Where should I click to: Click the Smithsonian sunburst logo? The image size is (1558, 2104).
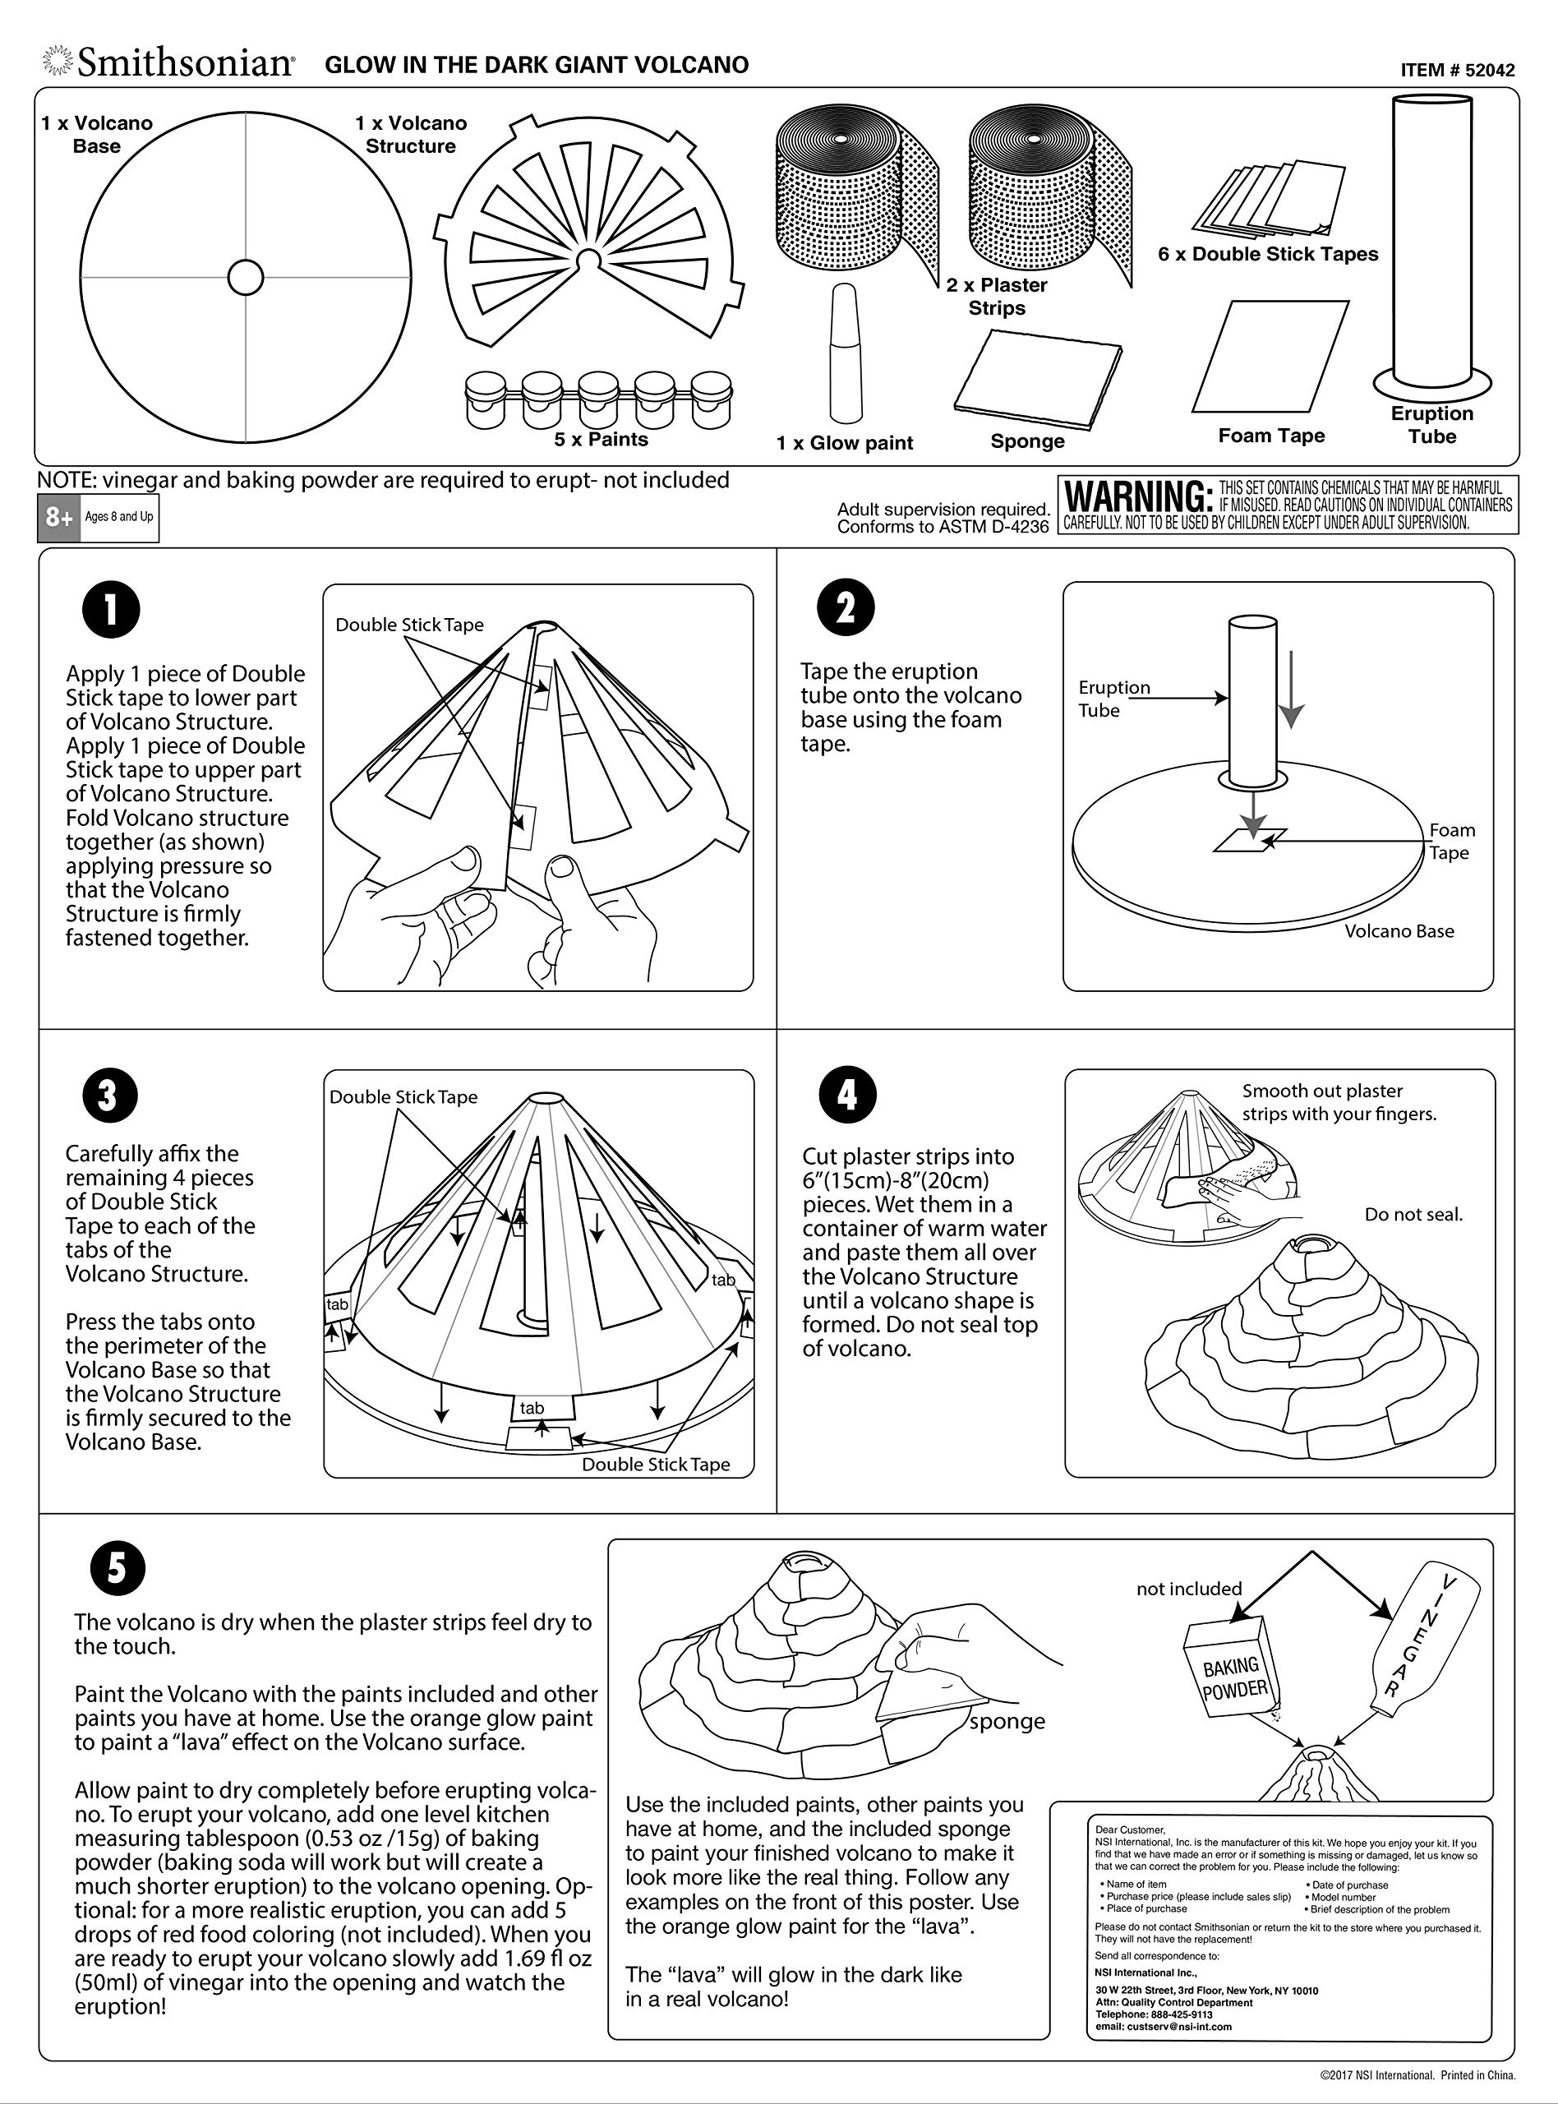click(x=57, y=62)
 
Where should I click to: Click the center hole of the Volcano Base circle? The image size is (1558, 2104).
click(x=245, y=277)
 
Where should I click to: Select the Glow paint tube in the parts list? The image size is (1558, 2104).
click(x=845, y=353)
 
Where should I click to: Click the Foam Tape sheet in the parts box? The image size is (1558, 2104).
click(x=1271, y=357)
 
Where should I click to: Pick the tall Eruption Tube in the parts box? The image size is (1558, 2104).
click(x=1431, y=243)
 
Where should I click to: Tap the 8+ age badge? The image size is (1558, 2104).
click(x=59, y=518)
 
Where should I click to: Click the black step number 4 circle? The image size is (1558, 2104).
click(x=848, y=1095)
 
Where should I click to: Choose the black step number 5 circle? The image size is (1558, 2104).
click(x=118, y=1568)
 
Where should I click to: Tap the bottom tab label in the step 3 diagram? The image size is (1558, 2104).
click(x=532, y=1408)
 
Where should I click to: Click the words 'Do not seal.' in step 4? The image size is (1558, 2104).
click(x=1413, y=1215)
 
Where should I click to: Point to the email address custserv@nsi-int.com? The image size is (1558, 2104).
click(x=1163, y=2026)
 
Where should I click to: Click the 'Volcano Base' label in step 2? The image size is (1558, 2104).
click(x=1399, y=932)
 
